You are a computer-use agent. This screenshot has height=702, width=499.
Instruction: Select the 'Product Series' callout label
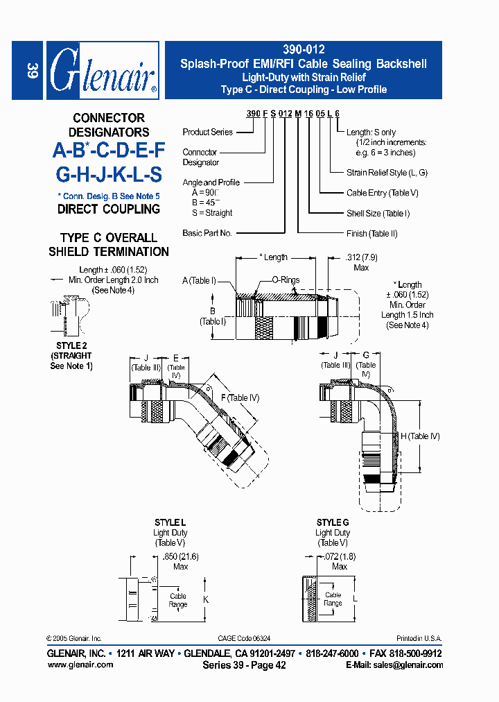point(207,132)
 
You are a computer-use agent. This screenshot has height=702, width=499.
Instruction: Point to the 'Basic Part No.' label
point(207,233)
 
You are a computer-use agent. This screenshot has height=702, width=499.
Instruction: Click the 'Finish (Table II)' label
point(371,234)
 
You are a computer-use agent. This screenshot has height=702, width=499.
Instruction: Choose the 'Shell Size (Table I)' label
point(378,214)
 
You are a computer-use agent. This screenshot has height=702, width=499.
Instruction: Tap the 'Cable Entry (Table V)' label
point(382,193)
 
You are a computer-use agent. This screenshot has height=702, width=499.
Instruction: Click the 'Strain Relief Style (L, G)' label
point(387,173)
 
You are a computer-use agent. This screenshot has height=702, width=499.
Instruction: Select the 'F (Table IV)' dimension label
point(239,397)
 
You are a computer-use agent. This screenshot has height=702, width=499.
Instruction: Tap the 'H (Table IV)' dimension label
point(420,436)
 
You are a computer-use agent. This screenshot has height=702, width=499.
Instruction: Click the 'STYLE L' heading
point(170,522)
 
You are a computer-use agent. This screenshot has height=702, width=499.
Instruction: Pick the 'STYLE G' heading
point(333,522)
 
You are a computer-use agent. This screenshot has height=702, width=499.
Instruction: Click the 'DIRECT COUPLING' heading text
point(108,209)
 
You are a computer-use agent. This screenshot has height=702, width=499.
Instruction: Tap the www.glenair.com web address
point(80,665)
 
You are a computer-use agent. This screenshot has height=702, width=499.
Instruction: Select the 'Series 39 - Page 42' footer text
point(244,665)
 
